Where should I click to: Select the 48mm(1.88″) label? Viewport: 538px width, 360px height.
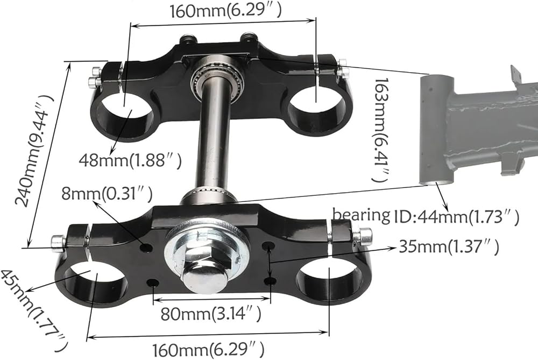coord(130,160)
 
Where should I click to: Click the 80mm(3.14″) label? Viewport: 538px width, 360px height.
coord(211,313)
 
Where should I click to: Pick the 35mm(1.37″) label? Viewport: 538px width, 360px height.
coord(449,246)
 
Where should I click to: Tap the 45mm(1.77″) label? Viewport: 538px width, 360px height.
coord(34,306)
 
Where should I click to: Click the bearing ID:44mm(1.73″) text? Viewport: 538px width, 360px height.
coord(426,216)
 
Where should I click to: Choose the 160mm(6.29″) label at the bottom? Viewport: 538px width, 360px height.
coord(208,350)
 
